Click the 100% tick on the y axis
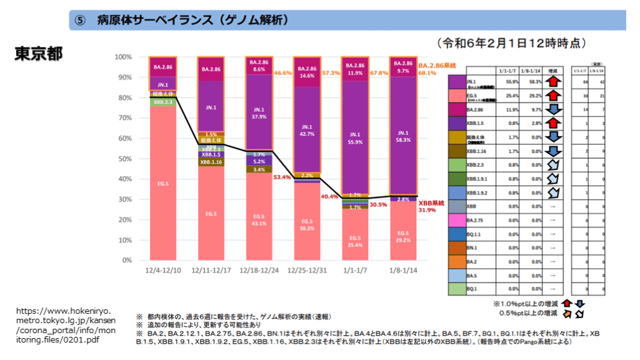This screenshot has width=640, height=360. tap(123, 57)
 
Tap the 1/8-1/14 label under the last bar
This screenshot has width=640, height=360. tap(402, 270)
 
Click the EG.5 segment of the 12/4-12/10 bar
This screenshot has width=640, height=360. tap(162, 183)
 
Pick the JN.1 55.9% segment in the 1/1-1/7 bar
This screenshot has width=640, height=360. tap(355, 137)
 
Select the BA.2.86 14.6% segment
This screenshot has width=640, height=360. tap(307, 72)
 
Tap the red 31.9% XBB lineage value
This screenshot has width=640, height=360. tap(427, 210)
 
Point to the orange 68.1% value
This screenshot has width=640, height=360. tap(427, 72)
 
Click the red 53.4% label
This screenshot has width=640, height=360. tap(282, 177)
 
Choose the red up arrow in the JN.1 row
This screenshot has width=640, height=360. tap(552, 82)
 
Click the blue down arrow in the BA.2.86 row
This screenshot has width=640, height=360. tap(552, 109)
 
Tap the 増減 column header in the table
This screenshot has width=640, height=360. tap(552, 70)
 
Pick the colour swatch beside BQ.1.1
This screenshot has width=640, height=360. tap(457, 233)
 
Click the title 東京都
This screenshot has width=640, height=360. tap(39, 54)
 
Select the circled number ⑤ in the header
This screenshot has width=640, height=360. tap(79, 20)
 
